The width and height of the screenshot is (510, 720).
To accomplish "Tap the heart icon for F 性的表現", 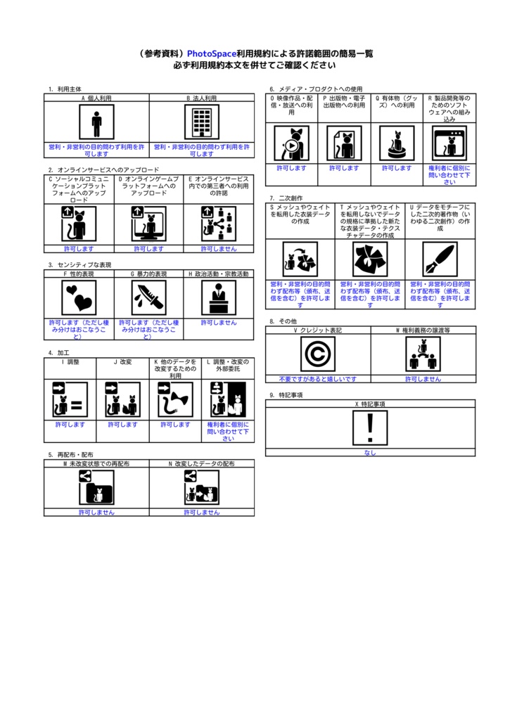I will coord(79,297).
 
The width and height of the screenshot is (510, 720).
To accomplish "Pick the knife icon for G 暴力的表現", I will coord(148,297).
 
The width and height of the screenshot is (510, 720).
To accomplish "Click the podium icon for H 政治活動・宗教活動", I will coord(219,297).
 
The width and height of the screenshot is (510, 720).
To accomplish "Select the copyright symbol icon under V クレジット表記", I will coord(318,354).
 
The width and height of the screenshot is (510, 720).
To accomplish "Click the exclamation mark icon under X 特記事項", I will coord(370,428).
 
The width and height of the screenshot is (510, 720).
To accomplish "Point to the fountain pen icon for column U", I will coord(440,259).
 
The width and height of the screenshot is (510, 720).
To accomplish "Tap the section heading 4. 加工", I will coord(59,352).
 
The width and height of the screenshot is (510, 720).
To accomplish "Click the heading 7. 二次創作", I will coord(286,198).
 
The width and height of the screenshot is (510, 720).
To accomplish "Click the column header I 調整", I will coord(70,361).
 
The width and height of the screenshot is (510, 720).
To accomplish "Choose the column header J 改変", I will coord(122,361).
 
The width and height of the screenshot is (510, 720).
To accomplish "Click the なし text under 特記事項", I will coord(370,453).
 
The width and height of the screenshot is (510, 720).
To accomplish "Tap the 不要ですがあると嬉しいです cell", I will coord(318,379).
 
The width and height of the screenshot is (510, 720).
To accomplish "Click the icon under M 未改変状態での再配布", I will coord(96,487).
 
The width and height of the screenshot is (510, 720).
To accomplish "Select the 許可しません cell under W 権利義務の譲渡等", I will coord(423,379).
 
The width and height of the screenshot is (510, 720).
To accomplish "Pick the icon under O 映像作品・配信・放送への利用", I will coord(291,143).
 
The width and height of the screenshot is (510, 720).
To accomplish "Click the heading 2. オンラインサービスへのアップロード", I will coord(103,169).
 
